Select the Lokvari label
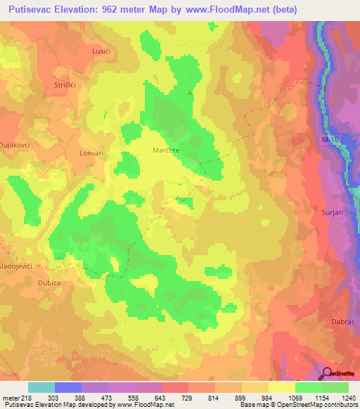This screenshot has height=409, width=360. point(92,151)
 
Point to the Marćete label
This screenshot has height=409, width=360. point(167,150)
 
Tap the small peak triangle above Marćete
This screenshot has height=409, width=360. point(188,91)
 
